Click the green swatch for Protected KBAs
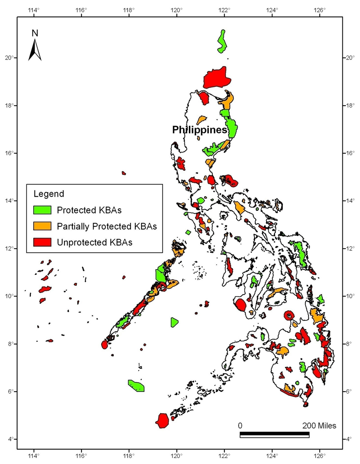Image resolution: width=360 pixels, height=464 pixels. pyautogui.click(x=42, y=210)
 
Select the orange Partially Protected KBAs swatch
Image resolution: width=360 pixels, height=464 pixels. pyautogui.click(x=42, y=226)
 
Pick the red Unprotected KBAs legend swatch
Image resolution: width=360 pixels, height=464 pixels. pyautogui.click(x=42, y=242)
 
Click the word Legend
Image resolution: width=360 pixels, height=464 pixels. pyautogui.click(x=48, y=194)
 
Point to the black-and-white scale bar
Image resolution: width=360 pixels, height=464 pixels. pyautogui.click(x=274, y=434)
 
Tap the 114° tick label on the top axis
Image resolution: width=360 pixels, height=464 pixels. pyautogui.click(x=34, y=10)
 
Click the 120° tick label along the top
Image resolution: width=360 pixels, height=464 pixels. pyautogui.click(x=177, y=10)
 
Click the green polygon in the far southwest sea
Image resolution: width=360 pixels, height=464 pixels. pyautogui.click(x=136, y=386)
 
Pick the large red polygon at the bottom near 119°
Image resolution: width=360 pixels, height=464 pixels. pyautogui.click(x=162, y=420)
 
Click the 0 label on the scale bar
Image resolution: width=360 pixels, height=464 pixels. pyautogui.click(x=240, y=425)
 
